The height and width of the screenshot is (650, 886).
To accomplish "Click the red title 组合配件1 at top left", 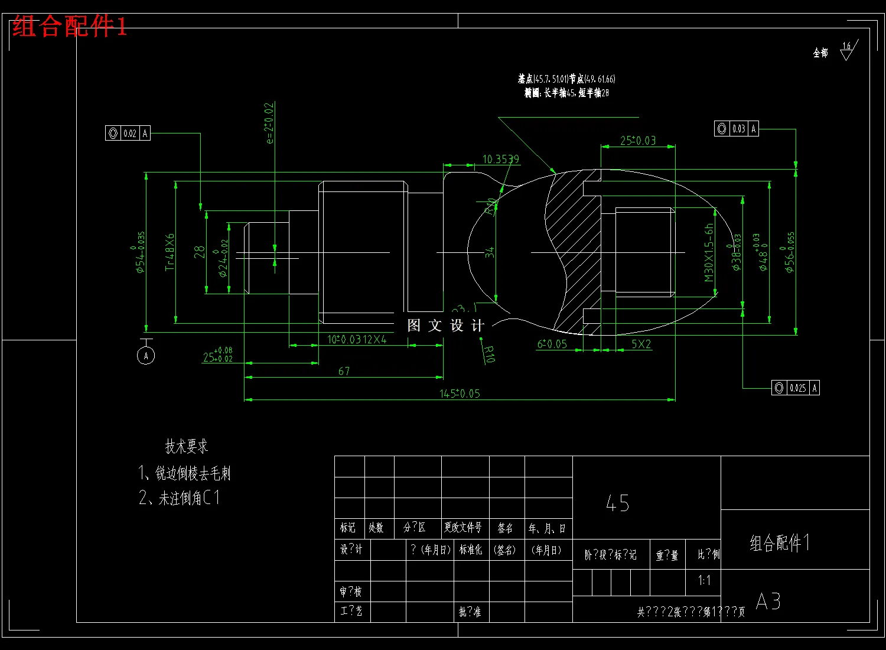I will point(70,27).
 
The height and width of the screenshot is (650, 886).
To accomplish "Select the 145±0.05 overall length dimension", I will point(460,394).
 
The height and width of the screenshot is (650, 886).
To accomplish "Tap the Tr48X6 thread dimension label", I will point(170,252).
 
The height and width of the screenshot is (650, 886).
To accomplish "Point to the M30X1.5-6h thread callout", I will point(709,252).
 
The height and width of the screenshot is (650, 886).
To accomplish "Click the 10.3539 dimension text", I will point(501,160).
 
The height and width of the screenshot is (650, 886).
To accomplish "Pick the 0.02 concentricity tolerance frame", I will point(128,134).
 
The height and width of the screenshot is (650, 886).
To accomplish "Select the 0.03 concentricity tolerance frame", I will point(737,129).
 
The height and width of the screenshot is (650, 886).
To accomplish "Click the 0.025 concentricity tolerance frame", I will point(795,388).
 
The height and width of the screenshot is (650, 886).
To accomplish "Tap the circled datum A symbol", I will point(146,355).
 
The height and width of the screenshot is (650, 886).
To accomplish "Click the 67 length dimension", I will point(344,371).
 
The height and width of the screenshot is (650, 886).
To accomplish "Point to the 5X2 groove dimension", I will point(641,344).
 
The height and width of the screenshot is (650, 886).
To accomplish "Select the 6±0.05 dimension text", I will point(552,344).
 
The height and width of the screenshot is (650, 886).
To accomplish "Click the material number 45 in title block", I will point(618,503).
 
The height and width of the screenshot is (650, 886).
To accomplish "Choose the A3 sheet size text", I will point(768,602).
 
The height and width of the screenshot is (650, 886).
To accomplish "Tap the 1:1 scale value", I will point(704,580).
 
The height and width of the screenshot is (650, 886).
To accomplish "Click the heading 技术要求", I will point(187,447).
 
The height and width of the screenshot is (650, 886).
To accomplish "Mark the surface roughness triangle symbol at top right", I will point(848,51).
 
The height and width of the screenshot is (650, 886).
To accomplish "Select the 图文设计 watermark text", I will point(446,326).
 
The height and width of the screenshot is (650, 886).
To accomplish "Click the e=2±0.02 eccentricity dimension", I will point(269,123).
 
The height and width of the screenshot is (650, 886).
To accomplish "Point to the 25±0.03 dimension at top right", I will point(638,141).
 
